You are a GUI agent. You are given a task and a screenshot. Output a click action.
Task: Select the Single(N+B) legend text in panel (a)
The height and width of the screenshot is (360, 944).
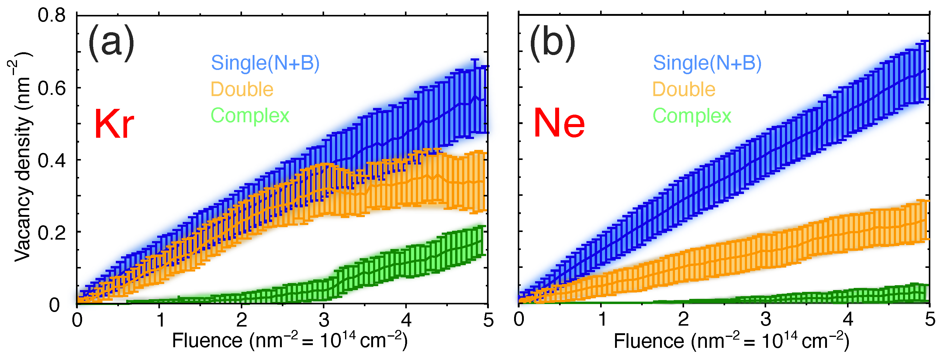pos(265,63)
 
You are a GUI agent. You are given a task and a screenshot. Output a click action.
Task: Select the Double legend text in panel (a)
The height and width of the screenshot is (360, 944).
pos(242,89)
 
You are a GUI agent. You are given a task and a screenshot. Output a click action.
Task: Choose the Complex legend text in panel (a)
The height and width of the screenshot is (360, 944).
pos(250,116)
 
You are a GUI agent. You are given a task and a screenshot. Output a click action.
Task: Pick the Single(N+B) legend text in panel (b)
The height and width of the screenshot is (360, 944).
pos(707,63)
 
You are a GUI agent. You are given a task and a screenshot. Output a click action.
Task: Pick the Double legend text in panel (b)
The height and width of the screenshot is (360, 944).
pos(684,89)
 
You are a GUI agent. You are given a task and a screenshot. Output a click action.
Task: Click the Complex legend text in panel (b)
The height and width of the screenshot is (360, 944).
pos(692,116)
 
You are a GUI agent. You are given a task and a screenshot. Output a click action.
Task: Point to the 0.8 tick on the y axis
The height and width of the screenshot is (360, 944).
pos(52,16)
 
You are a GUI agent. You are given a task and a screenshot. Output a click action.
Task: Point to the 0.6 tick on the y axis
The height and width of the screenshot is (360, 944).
pos(52,88)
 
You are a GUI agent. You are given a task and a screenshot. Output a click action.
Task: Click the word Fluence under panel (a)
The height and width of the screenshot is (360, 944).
pos(207,341)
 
